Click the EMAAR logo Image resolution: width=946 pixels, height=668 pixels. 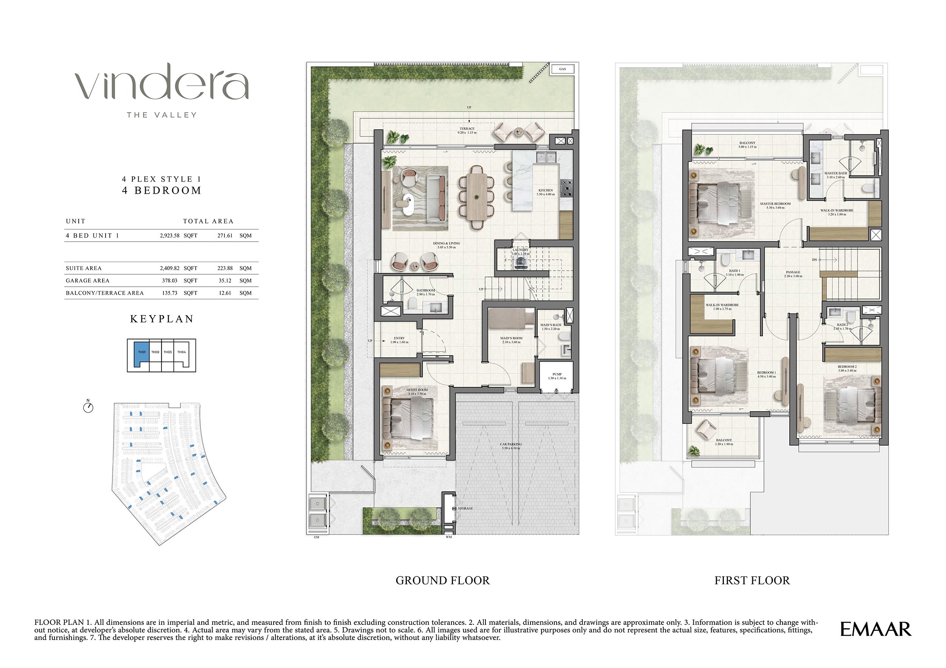pos(875,629)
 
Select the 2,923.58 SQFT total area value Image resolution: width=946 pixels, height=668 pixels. pos(178,236)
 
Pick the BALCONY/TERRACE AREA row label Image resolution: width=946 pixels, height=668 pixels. pos(105,293)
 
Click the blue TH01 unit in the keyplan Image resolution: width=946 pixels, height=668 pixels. pos(141,353)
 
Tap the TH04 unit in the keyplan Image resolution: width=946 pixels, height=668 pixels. pos(182,353)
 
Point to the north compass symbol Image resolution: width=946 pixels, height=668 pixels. pos(88,407)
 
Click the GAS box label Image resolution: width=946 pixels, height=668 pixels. pos(562,69)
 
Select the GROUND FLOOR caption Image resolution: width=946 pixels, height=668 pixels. pos(442,581)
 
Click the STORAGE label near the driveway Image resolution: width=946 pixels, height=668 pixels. pos(465,509)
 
